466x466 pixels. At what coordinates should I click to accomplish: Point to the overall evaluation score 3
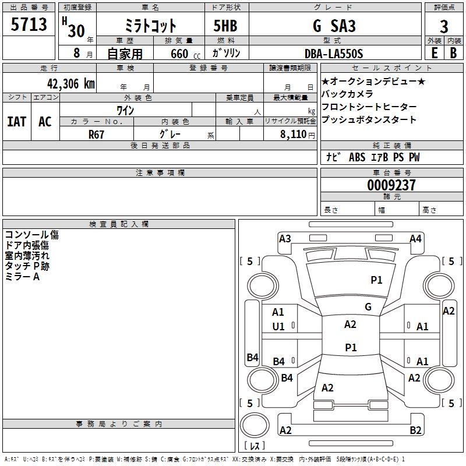[444, 27]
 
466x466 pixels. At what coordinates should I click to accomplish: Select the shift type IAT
[16, 121]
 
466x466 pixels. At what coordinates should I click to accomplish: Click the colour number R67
[97, 133]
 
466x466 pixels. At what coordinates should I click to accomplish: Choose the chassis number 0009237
[391, 185]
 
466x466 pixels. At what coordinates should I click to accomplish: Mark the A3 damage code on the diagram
[285, 238]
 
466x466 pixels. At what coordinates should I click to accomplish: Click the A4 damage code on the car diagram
[415, 238]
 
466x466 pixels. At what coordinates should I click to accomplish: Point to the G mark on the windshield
[368, 306]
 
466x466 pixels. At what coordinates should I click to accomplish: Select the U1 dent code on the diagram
[278, 327]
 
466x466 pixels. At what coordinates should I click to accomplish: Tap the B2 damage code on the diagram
[415, 430]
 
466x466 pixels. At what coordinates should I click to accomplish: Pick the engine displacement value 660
[179, 54]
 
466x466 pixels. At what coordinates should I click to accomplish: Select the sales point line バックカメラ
[347, 94]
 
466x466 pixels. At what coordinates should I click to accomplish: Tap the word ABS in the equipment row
[357, 157]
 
